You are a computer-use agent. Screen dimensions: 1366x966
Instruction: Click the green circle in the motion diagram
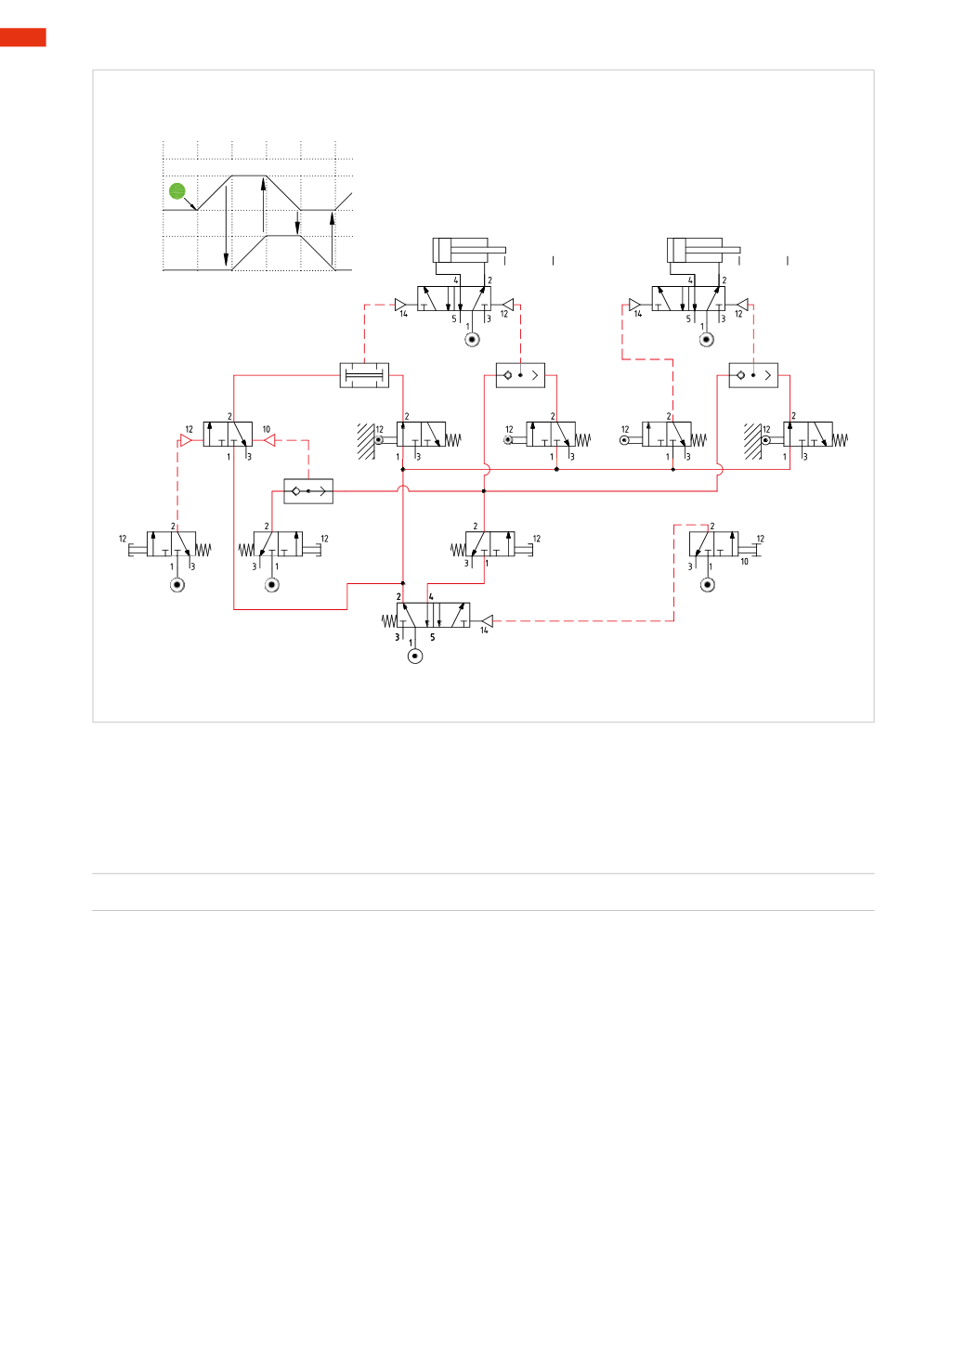(177, 191)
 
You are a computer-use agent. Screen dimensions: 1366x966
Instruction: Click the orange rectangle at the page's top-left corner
(22, 37)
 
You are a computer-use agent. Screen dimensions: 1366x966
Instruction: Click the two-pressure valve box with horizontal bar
(364, 375)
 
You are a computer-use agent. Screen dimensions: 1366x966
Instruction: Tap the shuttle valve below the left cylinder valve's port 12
(520, 375)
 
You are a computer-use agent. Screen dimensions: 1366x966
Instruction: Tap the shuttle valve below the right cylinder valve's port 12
(753, 375)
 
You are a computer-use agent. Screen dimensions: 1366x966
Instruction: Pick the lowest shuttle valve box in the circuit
(308, 491)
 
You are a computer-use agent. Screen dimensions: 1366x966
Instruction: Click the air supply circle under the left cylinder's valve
(472, 340)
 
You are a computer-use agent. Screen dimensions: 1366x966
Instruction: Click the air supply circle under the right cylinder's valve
(706, 340)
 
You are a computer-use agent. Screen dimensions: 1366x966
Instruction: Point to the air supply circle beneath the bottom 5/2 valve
(415, 656)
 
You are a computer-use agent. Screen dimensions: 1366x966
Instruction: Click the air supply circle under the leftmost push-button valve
(177, 585)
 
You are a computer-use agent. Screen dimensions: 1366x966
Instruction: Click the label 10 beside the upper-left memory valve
(267, 429)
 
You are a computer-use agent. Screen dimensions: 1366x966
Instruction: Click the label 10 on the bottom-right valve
(744, 562)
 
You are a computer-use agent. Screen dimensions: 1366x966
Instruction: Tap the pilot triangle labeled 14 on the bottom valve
(486, 621)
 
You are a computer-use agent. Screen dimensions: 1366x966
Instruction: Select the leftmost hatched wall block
(366, 441)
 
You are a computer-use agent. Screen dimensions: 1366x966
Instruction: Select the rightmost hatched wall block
(752, 441)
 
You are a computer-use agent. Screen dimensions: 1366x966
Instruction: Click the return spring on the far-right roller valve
(840, 440)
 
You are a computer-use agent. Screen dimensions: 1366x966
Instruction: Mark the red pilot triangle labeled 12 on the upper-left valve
(186, 440)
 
